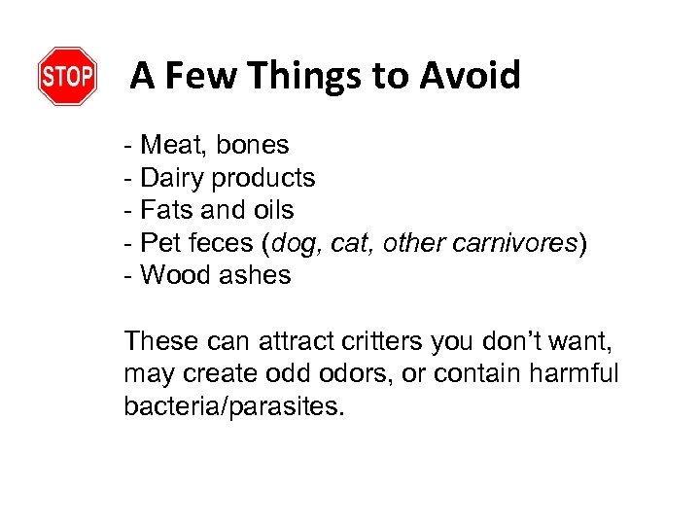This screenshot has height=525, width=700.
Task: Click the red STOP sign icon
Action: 67,76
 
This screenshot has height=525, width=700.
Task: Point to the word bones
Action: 253,146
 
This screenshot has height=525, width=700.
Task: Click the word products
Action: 263,179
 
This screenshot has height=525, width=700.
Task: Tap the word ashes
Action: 255,275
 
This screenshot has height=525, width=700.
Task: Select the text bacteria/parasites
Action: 233,406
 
